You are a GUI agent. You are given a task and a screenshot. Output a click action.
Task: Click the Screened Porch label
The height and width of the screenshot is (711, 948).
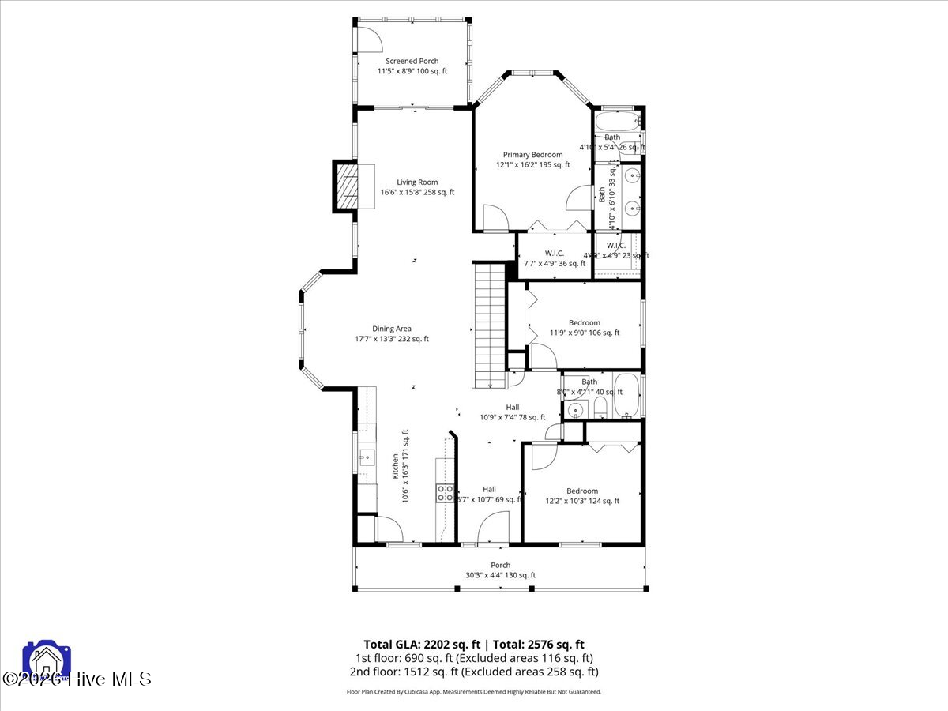[412, 62]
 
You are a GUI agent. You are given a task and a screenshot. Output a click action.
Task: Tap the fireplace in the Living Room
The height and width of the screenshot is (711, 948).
[347, 186]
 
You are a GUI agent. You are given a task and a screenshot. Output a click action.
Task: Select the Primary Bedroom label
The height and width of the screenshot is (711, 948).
[532, 155]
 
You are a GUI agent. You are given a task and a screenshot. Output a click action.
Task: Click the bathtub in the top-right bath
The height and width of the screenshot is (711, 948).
[616, 122]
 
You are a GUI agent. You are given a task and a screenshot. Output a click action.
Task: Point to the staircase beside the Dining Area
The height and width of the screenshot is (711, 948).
[488, 325]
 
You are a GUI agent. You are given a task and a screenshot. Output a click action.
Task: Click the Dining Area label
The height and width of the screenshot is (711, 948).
[392, 329]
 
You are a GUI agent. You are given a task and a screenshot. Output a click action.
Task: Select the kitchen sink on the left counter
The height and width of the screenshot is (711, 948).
[367, 456]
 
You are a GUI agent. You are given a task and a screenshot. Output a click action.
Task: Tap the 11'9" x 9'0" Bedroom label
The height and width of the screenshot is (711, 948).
[585, 322]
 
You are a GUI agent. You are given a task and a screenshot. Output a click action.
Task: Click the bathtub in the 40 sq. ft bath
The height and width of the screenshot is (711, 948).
[628, 396]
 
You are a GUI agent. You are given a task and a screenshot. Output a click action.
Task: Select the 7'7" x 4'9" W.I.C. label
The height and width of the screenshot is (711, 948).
[554, 254]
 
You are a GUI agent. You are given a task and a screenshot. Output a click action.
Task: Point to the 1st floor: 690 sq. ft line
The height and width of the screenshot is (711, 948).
[473, 658]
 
